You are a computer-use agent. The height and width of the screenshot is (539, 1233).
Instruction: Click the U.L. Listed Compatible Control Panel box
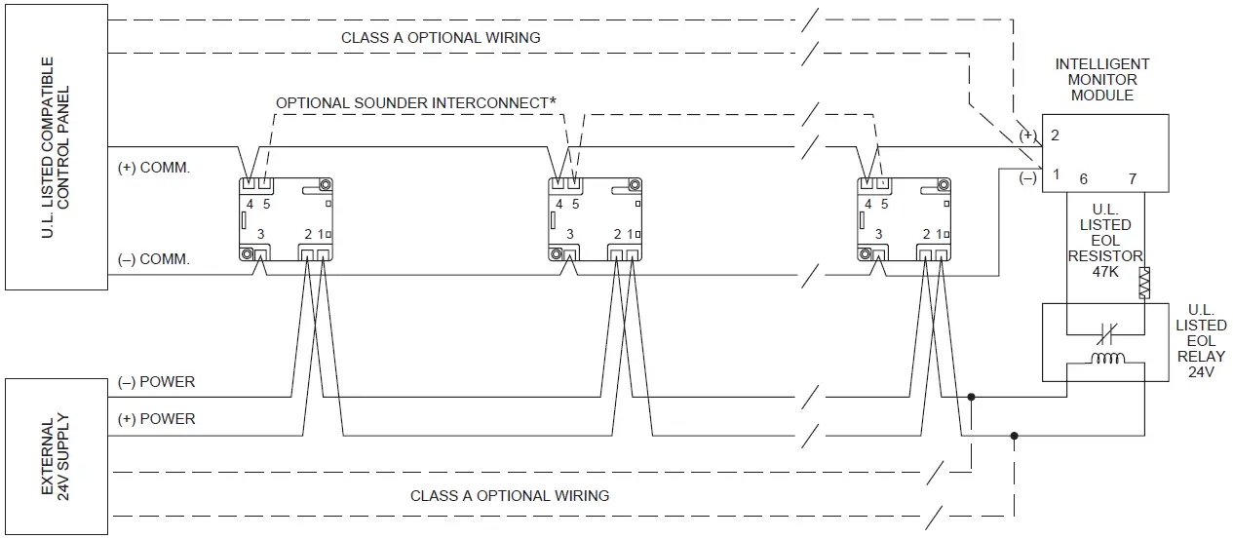coord(55,147)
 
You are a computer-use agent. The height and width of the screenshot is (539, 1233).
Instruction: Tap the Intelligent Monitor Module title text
coord(1101,80)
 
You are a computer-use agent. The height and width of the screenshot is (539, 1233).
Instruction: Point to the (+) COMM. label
coord(153,168)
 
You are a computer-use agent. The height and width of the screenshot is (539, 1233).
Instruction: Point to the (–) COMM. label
coord(153,259)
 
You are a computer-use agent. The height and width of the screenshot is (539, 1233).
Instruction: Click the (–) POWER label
coord(155,381)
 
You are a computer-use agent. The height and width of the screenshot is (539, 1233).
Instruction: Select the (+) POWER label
coord(155,418)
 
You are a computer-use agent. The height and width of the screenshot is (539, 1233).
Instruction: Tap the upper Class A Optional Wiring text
coord(440,37)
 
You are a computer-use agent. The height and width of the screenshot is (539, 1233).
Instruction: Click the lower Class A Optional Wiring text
coord(509,495)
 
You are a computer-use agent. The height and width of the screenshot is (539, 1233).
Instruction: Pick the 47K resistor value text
coord(1105,272)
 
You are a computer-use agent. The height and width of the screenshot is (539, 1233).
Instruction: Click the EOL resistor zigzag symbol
coord(1144,282)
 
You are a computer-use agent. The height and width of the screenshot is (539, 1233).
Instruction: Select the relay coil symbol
coord(1105,359)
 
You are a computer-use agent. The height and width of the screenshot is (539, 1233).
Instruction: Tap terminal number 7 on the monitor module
coord(1132,179)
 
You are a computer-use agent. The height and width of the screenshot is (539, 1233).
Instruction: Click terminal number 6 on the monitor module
coord(1083,179)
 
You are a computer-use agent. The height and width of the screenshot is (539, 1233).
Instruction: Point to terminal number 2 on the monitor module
coord(1055,135)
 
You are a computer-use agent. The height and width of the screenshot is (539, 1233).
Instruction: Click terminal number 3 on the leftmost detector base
coord(260,234)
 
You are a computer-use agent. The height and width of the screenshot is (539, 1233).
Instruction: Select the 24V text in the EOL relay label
coord(1201,371)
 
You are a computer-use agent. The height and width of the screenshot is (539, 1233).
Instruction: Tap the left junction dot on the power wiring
coord(971,398)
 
